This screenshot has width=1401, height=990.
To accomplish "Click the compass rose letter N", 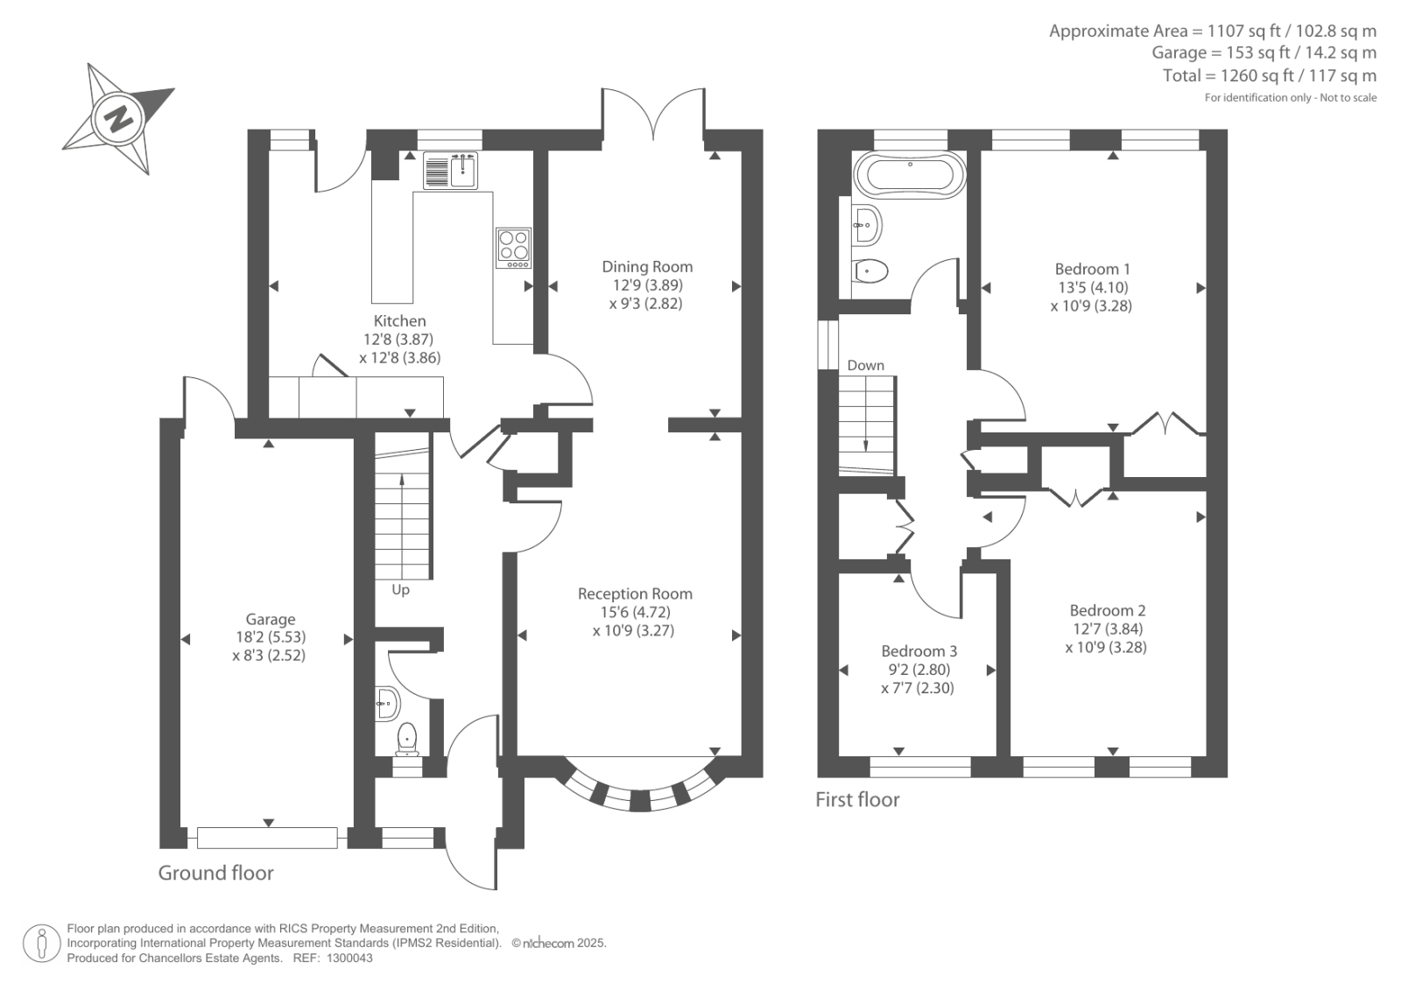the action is [117, 117].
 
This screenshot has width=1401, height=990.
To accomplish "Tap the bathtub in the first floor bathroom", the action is [910, 174].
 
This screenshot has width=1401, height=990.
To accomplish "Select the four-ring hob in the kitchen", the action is [514, 248].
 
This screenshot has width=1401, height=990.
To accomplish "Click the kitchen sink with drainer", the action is [450, 170].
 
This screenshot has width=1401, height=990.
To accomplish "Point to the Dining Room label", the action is [647, 266].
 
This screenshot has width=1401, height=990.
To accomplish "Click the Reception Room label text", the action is [635, 593].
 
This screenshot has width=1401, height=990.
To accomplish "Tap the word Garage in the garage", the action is [271, 619].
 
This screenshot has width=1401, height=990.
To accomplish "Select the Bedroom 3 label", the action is [919, 651].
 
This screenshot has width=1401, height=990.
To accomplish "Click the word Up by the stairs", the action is [400, 590].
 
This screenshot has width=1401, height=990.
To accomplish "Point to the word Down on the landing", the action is [866, 365].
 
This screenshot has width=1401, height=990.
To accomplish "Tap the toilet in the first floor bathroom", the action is [870, 270].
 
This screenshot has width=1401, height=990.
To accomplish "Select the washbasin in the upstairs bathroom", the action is [867, 224].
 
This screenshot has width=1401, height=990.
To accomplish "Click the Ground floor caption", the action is [215, 873].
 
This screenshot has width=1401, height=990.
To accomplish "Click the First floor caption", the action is [857, 799].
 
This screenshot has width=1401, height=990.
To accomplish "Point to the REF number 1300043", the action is [349, 958].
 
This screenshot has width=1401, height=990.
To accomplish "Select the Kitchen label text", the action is [399, 321].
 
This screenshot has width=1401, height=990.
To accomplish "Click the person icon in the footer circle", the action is [42, 943].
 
